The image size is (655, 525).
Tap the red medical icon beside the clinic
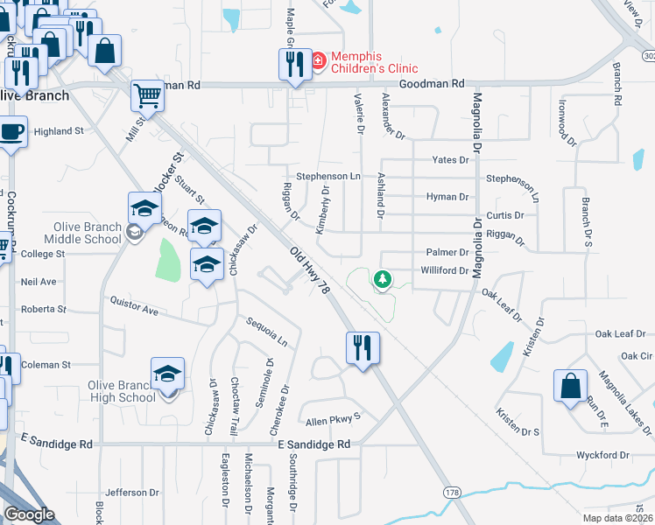point(318,61)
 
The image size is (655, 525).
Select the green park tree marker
point(382,279)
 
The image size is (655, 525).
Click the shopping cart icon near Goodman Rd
point(147,96)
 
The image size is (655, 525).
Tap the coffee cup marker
point(11,132)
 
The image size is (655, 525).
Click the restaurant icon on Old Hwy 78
point(362,347)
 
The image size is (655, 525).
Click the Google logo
point(29,514)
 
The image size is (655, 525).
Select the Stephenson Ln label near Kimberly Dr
point(328,176)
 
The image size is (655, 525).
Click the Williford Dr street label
point(444,270)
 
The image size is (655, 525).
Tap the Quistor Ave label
point(134,308)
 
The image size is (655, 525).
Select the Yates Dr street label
point(453,159)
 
